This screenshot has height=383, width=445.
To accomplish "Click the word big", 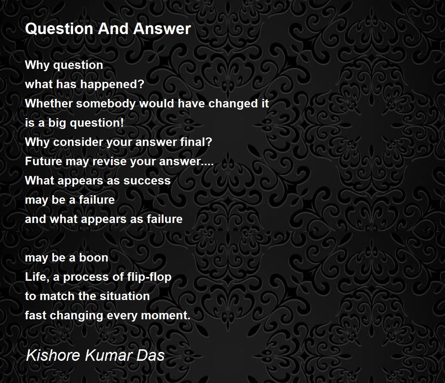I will coord(57,123).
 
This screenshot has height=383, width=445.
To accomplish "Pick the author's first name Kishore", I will coord(53,355).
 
